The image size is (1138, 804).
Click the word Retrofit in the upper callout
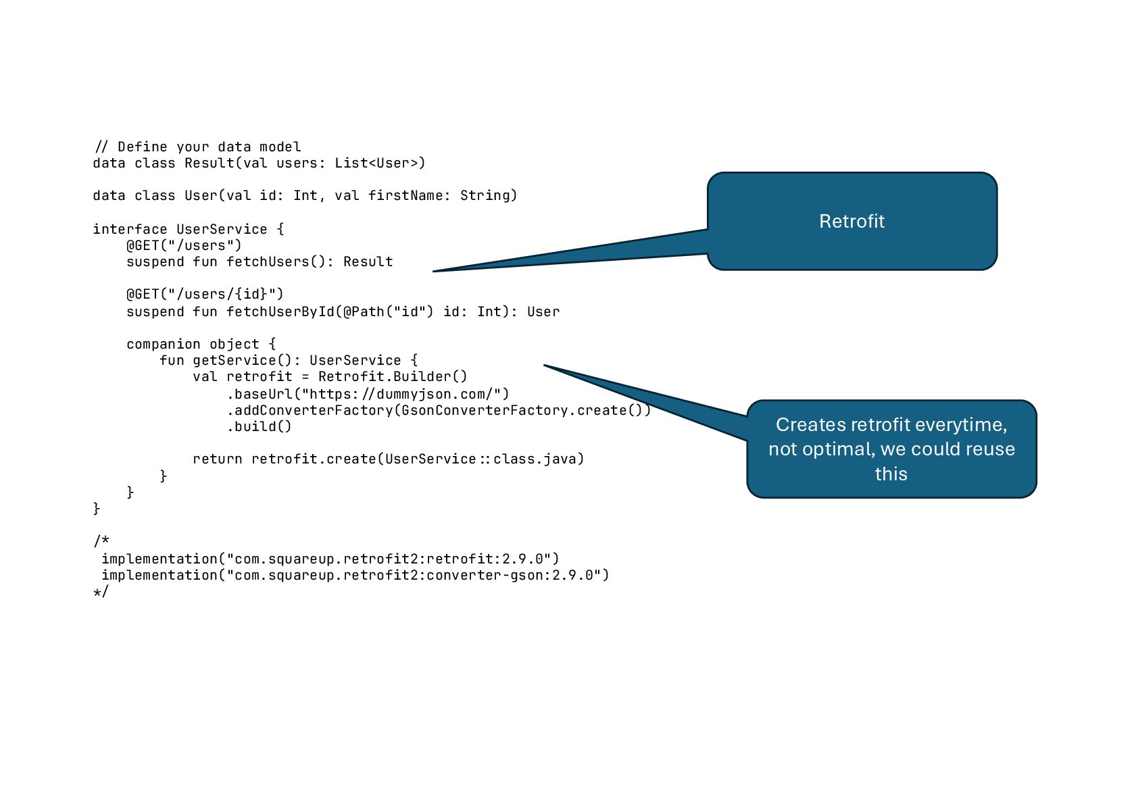(851, 222)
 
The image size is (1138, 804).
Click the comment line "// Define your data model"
(197, 147)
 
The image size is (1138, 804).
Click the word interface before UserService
(130, 229)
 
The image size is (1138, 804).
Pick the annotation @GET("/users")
(184, 245)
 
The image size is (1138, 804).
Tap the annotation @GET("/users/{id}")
(205, 294)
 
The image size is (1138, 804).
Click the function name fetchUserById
(280, 311)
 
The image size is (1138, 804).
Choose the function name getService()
(242, 360)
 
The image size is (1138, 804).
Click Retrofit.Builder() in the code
(393, 376)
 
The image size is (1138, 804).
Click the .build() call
(259, 426)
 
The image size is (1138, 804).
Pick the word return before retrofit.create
(217, 459)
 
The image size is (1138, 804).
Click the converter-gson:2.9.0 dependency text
(514, 575)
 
